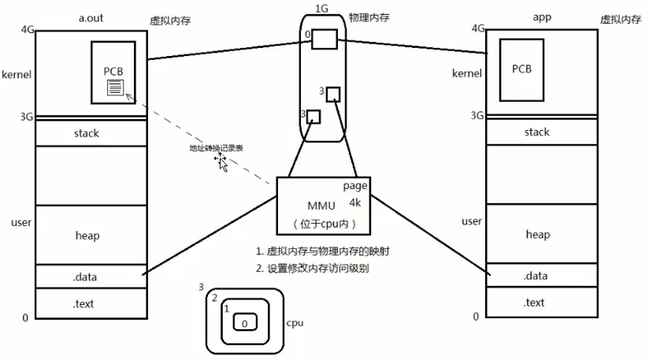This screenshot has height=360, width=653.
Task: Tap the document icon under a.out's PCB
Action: [116, 87]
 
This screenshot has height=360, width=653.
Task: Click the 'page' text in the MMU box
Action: [355, 186]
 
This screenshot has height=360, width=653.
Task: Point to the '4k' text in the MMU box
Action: [355, 202]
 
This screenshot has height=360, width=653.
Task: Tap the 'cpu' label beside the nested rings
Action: [295, 323]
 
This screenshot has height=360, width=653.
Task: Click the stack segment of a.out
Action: [86, 134]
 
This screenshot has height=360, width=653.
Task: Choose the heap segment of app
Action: [537, 235]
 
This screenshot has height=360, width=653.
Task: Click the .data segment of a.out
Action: [86, 276]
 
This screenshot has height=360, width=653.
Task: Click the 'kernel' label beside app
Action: [466, 74]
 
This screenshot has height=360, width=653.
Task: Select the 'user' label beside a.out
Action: [21, 223]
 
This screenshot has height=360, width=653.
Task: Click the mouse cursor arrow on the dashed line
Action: [223, 164]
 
